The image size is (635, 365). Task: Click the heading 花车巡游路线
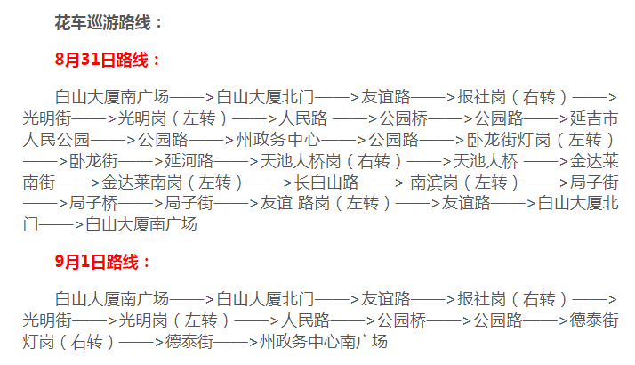point(109,22)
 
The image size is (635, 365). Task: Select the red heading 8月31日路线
point(108,61)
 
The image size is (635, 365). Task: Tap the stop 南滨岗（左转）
point(459,182)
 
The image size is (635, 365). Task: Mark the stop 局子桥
point(93,204)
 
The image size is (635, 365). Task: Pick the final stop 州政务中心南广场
point(317,341)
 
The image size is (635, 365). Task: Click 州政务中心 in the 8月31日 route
point(278,140)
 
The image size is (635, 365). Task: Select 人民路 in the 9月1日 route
point(305,320)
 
